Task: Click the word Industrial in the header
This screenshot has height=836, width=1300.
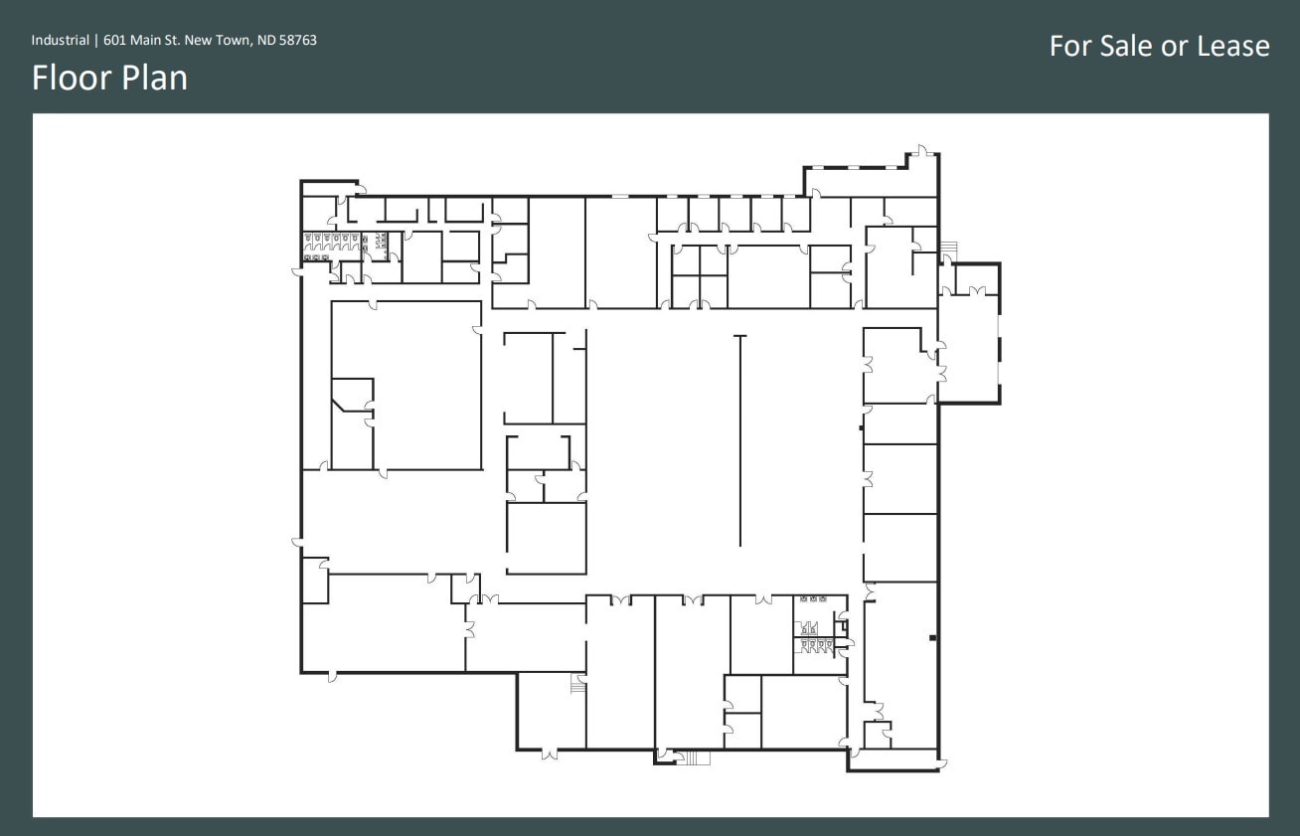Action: pyautogui.click(x=60, y=41)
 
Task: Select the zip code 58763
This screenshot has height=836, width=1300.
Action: pyautogui.click(x=298, y=41)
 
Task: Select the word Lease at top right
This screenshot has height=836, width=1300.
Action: pyautogui.click(x=1232, y=46)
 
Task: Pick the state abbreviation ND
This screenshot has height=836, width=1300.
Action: pyautogui.click(x=266, y=41)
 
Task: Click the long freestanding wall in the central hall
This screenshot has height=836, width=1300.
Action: pyautogui.click(x=739, y=441)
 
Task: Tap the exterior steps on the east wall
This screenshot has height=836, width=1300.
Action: pyautogui.click(x=949, y=247)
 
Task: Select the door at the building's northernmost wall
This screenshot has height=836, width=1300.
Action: pyautogui.click(x=922, y=151)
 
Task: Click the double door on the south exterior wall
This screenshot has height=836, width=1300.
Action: pyautogui.click(x=549, y=754)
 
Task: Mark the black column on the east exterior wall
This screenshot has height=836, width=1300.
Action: pyautogui.click(x=932, y=636)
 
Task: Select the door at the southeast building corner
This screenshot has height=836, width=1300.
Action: pyautogui.click(x=942, y=763)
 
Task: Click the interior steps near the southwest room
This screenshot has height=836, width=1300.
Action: pyautogui.click(x=576, y=685)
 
